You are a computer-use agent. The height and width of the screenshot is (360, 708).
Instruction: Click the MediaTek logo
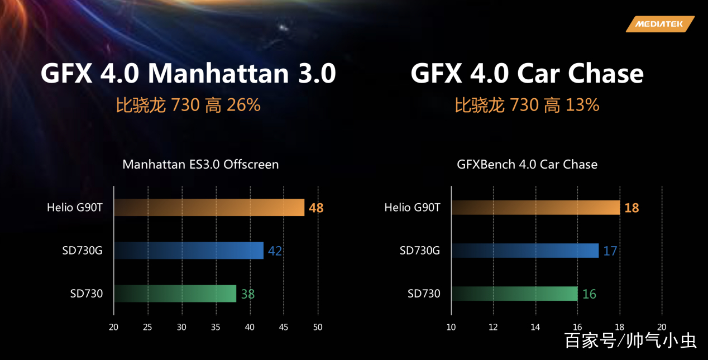tap(660, 24)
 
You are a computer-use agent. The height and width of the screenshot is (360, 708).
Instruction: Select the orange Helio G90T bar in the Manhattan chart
tap(209, 208)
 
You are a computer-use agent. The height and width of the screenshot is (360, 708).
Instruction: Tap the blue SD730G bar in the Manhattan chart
tap(189, 251)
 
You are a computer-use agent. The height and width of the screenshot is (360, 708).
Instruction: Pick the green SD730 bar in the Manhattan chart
tap(175, 294)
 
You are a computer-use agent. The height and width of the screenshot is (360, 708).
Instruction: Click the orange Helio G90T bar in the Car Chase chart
tap(535, 208)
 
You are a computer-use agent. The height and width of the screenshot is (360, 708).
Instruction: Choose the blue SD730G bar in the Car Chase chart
tap(525, 251)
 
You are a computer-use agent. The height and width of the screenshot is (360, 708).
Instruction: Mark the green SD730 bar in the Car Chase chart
tap(514, 294)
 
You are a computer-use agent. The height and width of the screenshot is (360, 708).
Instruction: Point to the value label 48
tap(316, 208)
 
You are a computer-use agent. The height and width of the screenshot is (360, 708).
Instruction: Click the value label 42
tap(275, 251)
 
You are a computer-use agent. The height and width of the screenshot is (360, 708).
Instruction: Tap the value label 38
tap(247, 294)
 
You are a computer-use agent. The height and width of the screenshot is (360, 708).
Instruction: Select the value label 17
tap(610, 251)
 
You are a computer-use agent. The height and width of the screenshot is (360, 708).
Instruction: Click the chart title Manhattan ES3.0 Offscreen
tap(200, 164)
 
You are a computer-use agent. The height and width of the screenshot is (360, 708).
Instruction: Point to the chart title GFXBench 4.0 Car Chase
tap(527, 164)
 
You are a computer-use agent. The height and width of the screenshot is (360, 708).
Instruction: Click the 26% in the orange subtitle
tap(243, 105)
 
